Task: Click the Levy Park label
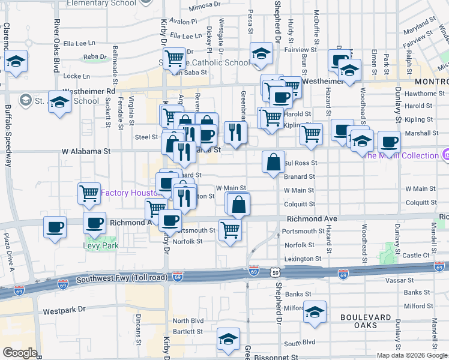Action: click(101, 245)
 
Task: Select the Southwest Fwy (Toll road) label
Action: click(119, 278)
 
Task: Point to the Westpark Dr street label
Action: click(64, 311)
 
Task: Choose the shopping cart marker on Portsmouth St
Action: click(231, 229)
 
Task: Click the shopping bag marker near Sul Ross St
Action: click(273, 161)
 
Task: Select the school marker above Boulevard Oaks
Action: click(315, 312)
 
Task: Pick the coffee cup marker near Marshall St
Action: click(389, 142)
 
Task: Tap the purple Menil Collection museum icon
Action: click(445, 155)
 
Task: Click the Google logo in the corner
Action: click(20, 353)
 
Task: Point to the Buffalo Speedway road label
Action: click(8, 135)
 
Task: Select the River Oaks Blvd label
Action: click(56, 46)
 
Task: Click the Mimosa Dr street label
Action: click(205, 7)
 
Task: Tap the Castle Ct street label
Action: click(416, 255)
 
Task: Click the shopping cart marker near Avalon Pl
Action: click(174, 58)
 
